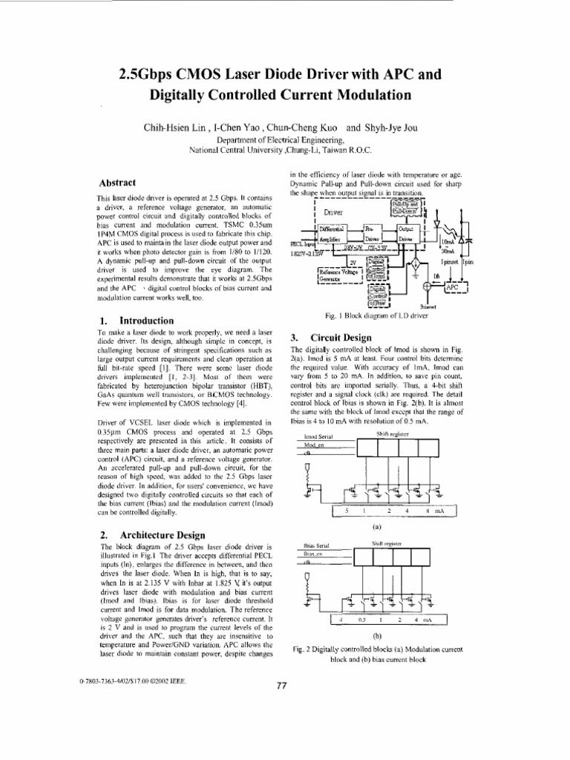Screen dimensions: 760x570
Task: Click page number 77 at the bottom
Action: click(281, 685)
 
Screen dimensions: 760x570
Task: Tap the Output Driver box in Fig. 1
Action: click(407, 235)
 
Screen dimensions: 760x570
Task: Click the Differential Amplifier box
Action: click(335, 235)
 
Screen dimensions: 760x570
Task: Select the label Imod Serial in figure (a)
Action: click(320, 437)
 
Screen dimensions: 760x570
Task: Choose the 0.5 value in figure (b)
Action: click(363, 618)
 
